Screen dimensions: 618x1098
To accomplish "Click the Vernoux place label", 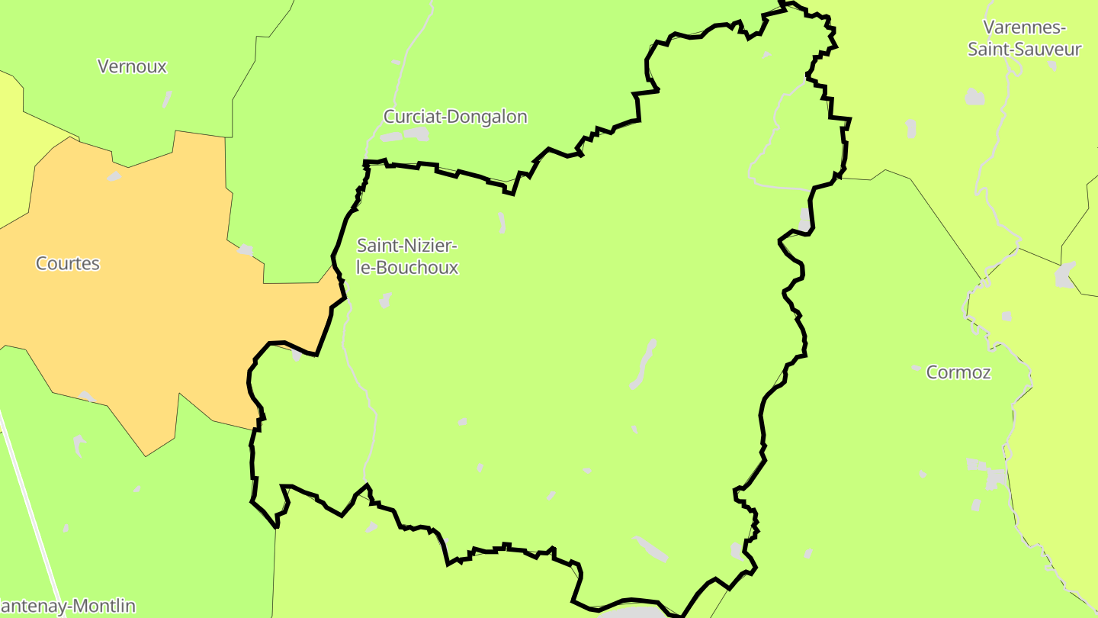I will click(x=132, y=66).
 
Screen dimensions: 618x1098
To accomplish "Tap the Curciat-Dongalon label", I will click(x=455, y=117).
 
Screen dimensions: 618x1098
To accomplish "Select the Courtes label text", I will click(x=68, y=263).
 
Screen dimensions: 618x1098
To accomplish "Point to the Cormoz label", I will click(x=958, y=372).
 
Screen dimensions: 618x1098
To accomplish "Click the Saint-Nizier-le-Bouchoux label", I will click(x=408, y=256).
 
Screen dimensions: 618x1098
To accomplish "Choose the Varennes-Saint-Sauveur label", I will click(x=1024, y=38).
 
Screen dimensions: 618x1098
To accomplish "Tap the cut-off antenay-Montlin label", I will click(x=68, y=607).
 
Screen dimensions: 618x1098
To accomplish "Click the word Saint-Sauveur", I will click(x=1024, y=50).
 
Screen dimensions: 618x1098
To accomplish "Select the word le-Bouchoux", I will click(x=408, y=268).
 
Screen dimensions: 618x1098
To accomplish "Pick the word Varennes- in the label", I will click(x=1024, y=27).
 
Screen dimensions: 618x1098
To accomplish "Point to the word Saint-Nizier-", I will click(x=408, y=246).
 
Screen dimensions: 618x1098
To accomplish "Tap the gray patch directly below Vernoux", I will click(x=167, y=98).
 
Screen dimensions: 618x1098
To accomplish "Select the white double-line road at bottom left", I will click(x=30, y=511).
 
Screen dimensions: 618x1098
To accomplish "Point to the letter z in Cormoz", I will click(x=986, y=372).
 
